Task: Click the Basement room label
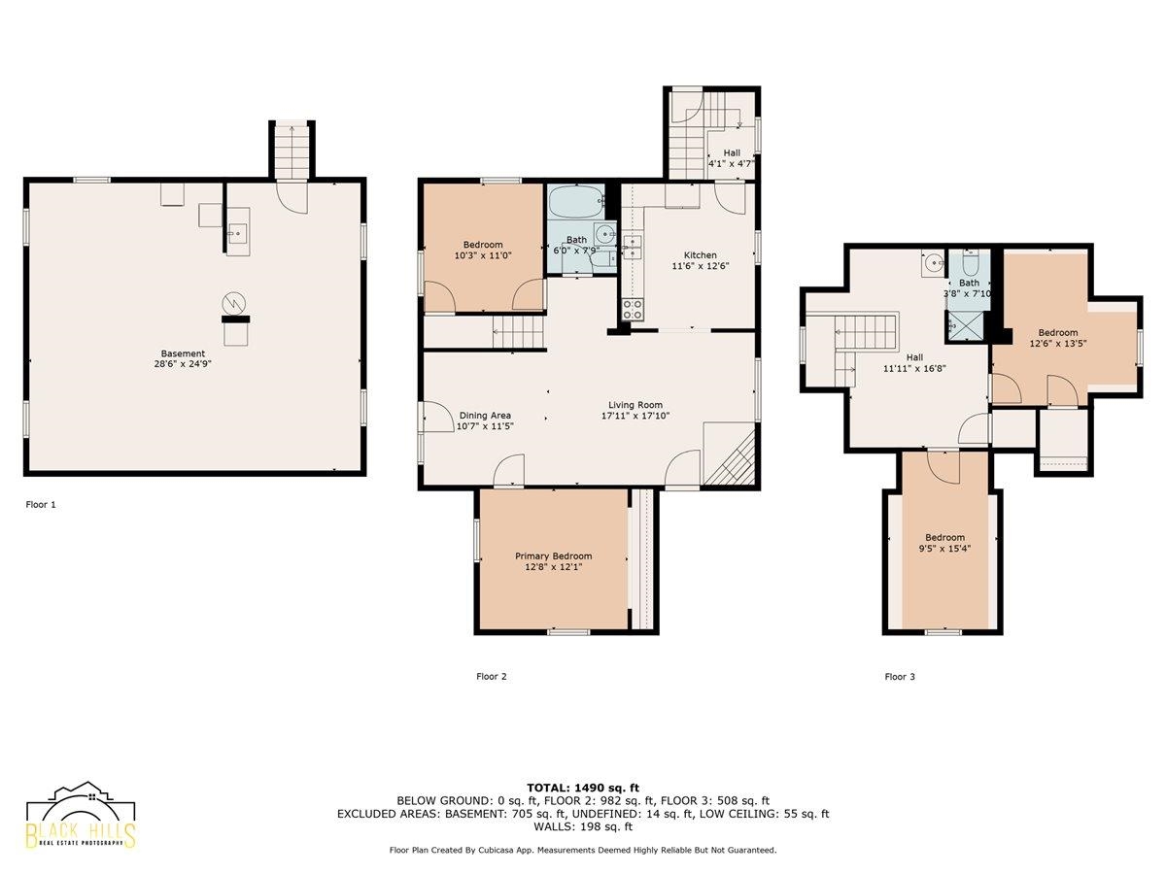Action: [x=183, y=353]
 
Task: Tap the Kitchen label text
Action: [x=701, y=255]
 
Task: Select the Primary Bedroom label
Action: [x=554, y=556]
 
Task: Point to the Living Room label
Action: [x=635, y=405]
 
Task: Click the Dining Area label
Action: [x=485, y=416]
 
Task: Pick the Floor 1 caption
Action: [x=41, y=505]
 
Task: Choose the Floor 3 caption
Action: [x=900, y=677]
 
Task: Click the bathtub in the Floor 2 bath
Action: [x=576, y=201]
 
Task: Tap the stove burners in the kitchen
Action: [x=633, y=310]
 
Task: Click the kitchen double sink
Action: [x=633, y=248]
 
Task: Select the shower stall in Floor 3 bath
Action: [x=964, y=326]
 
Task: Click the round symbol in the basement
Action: [x=234, y=304]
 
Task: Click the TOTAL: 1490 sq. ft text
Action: [x=583, y=788]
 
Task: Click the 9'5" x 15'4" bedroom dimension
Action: [x=944, y=549]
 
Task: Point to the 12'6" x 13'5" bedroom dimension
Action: [x=1057, y=344]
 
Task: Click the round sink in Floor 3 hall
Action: [x=933, y=262]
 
